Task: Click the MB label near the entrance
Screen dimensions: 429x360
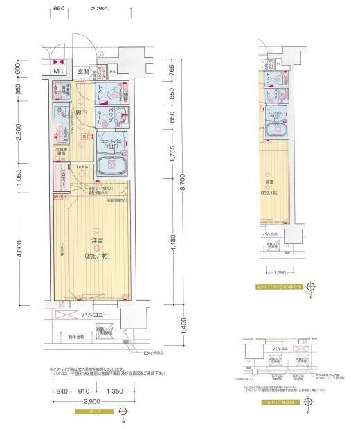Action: click(59, 71)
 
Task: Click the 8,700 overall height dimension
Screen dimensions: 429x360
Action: click(182, 183)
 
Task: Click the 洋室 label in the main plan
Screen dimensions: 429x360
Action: click(96, 240)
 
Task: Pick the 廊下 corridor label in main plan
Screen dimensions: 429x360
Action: click(80, 112)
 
